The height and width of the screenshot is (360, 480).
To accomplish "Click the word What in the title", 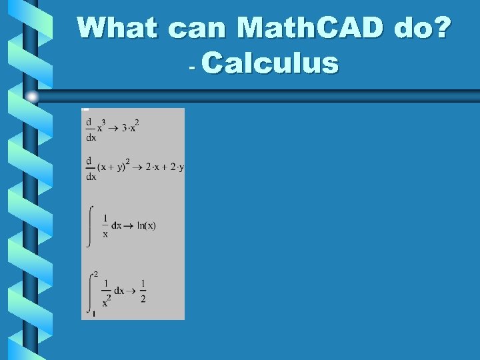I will [117, 28].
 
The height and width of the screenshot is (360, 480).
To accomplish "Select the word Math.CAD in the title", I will [310, 28].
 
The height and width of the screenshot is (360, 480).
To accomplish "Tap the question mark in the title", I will [442, 28].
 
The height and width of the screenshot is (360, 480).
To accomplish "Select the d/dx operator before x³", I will [90, 129].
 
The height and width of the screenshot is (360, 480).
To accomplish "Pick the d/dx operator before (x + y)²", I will [90, 169].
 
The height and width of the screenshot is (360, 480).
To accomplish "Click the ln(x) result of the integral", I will [146, 225].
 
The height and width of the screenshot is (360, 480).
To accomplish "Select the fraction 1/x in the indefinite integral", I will [105, 226].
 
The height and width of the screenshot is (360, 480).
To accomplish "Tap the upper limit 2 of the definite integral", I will [96, 274].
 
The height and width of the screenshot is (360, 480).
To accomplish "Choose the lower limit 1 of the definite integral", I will [93, 313].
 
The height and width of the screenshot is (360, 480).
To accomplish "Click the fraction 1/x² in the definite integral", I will [105, 291].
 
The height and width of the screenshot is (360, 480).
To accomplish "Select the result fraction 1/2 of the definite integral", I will [143, 291].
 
